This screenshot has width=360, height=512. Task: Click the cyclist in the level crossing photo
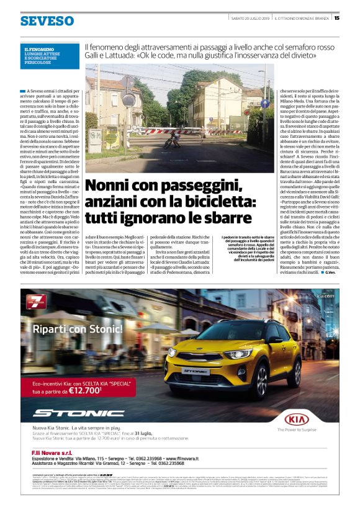[168, 140]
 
